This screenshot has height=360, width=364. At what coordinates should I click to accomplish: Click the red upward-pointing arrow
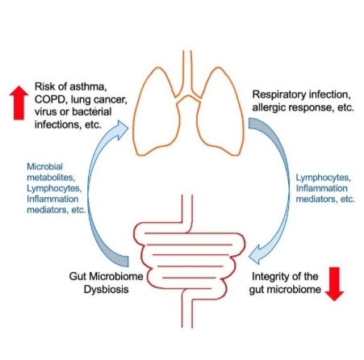coord(19,103)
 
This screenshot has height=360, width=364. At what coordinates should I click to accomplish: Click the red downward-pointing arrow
coord(334,284)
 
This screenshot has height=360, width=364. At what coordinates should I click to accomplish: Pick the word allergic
coord(268,107)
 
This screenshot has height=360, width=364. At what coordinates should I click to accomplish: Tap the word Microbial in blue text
coord(44,166)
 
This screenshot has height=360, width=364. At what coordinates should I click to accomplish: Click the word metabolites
coord(51,178)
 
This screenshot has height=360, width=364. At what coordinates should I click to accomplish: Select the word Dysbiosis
coord(106,290)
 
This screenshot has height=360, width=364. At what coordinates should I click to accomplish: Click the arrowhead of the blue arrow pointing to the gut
coord(256,254)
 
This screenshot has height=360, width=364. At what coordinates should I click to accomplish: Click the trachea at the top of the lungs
coord(187,73)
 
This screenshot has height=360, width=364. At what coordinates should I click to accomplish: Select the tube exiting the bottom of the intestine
coord(187,309)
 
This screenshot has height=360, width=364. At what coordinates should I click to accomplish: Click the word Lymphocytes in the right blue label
coord(324,178)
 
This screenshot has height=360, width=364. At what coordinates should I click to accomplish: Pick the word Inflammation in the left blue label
coord(52,199)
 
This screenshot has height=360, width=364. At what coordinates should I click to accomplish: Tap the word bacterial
coord(91,111)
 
